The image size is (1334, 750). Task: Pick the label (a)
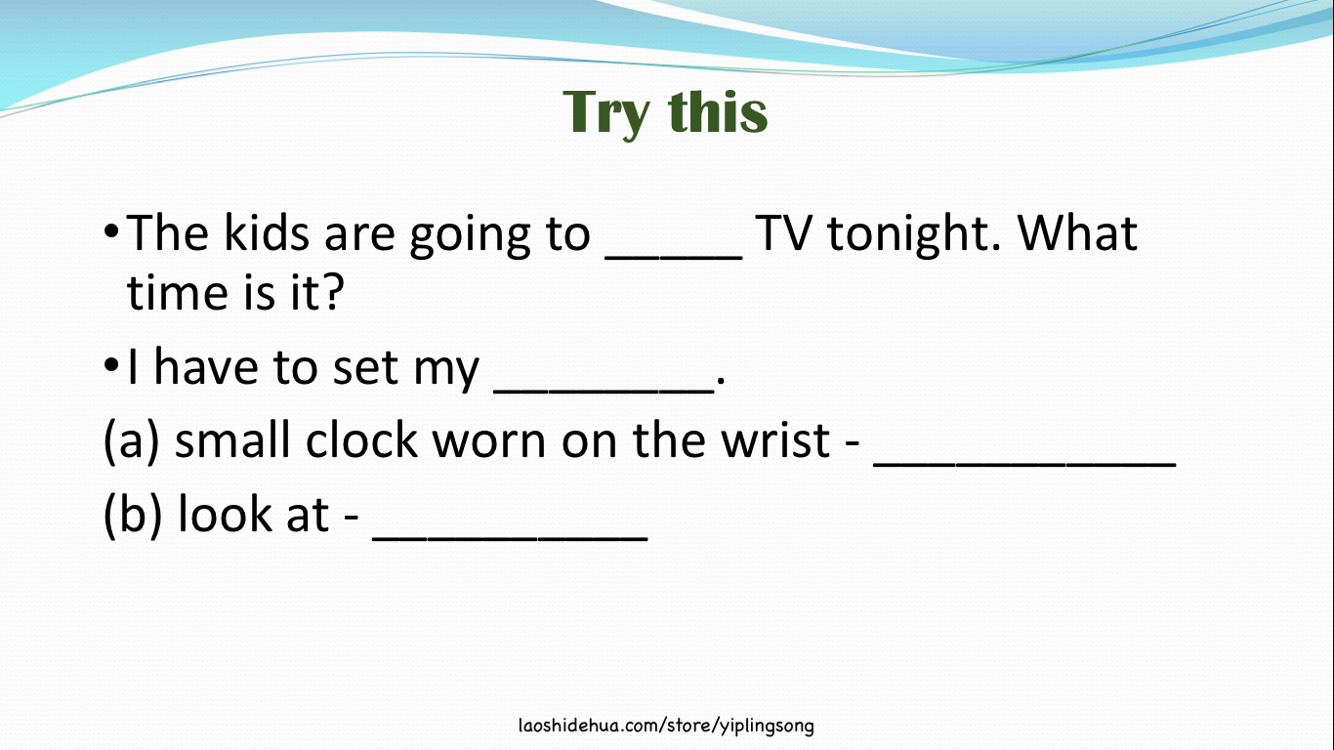[131, 441]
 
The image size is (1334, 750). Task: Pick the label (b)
[132, 515]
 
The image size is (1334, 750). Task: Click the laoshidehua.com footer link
[666, 726]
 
